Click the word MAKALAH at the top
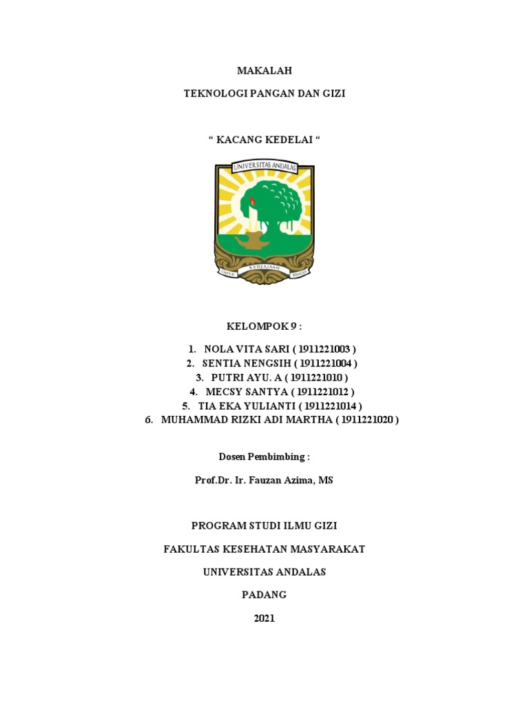pyautogui.click(x=264, y=70)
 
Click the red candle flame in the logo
pyautogui.click(x=252, y=201)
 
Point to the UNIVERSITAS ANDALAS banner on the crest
pyautogui.click(x=264, y=167)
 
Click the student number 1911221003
pyautogui.click(x=324, y=349)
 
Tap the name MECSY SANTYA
pyautogui.click(x=241, y=392)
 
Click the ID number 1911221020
pyautogui.click(x=368, y=419)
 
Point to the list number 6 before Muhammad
pyautogui.click(x=148, y=419)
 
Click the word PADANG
pyautogui.click(x=264, y=594)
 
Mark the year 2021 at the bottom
pyautogui.click(x=264, y=618)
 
